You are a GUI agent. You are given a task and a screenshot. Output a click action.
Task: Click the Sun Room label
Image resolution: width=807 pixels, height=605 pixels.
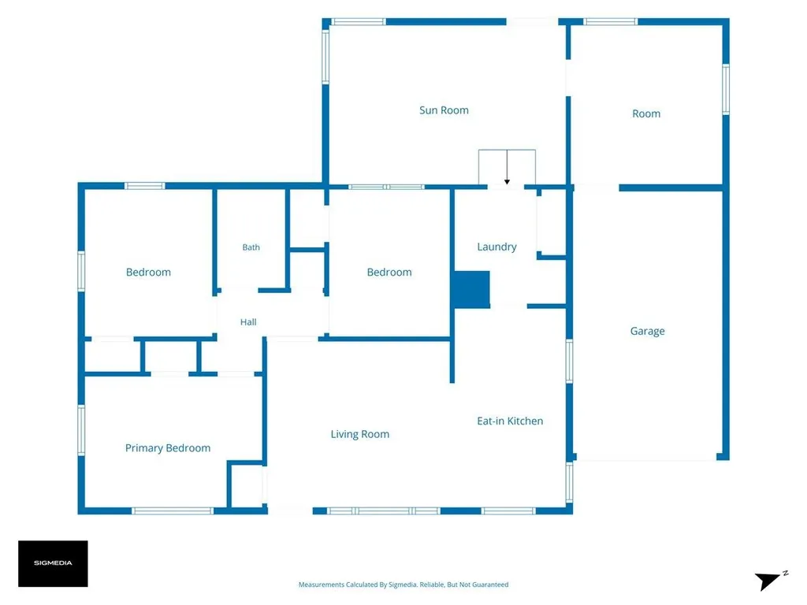[444, 110]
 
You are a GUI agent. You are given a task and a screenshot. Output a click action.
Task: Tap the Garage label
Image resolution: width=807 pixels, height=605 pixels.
[647, 332]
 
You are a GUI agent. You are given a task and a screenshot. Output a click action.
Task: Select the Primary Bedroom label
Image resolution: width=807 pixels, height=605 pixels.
[168, 448]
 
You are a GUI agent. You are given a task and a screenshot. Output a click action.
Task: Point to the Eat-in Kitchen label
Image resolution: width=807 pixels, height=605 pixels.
[510, 421]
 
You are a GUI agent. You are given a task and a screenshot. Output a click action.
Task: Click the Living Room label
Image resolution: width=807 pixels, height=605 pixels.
[359, 434]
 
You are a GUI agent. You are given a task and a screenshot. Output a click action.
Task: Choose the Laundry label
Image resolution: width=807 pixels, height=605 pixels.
[496, 247]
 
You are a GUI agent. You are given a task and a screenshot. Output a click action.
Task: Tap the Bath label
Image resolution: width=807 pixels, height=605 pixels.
[251, 247]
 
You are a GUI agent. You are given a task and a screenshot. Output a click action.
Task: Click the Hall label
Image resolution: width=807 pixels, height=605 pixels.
[248, 322]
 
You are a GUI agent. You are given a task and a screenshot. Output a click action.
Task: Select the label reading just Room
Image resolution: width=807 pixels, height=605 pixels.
[646, 113]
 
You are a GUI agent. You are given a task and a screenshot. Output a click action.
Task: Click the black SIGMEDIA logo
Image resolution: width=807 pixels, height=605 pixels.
[53, 563]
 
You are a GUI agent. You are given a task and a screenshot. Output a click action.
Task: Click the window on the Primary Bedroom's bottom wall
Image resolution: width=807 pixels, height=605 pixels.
[173, 510]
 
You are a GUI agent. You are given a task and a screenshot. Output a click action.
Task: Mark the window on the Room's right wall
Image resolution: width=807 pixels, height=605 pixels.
[726, 90]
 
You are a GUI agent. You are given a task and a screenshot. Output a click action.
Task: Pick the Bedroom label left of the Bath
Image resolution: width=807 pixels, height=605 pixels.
[148, 272]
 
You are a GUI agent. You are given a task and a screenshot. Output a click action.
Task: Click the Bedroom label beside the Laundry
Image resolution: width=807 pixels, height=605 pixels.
[389, 272]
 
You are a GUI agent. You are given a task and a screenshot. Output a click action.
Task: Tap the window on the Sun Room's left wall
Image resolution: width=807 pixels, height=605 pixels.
[325, 57]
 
